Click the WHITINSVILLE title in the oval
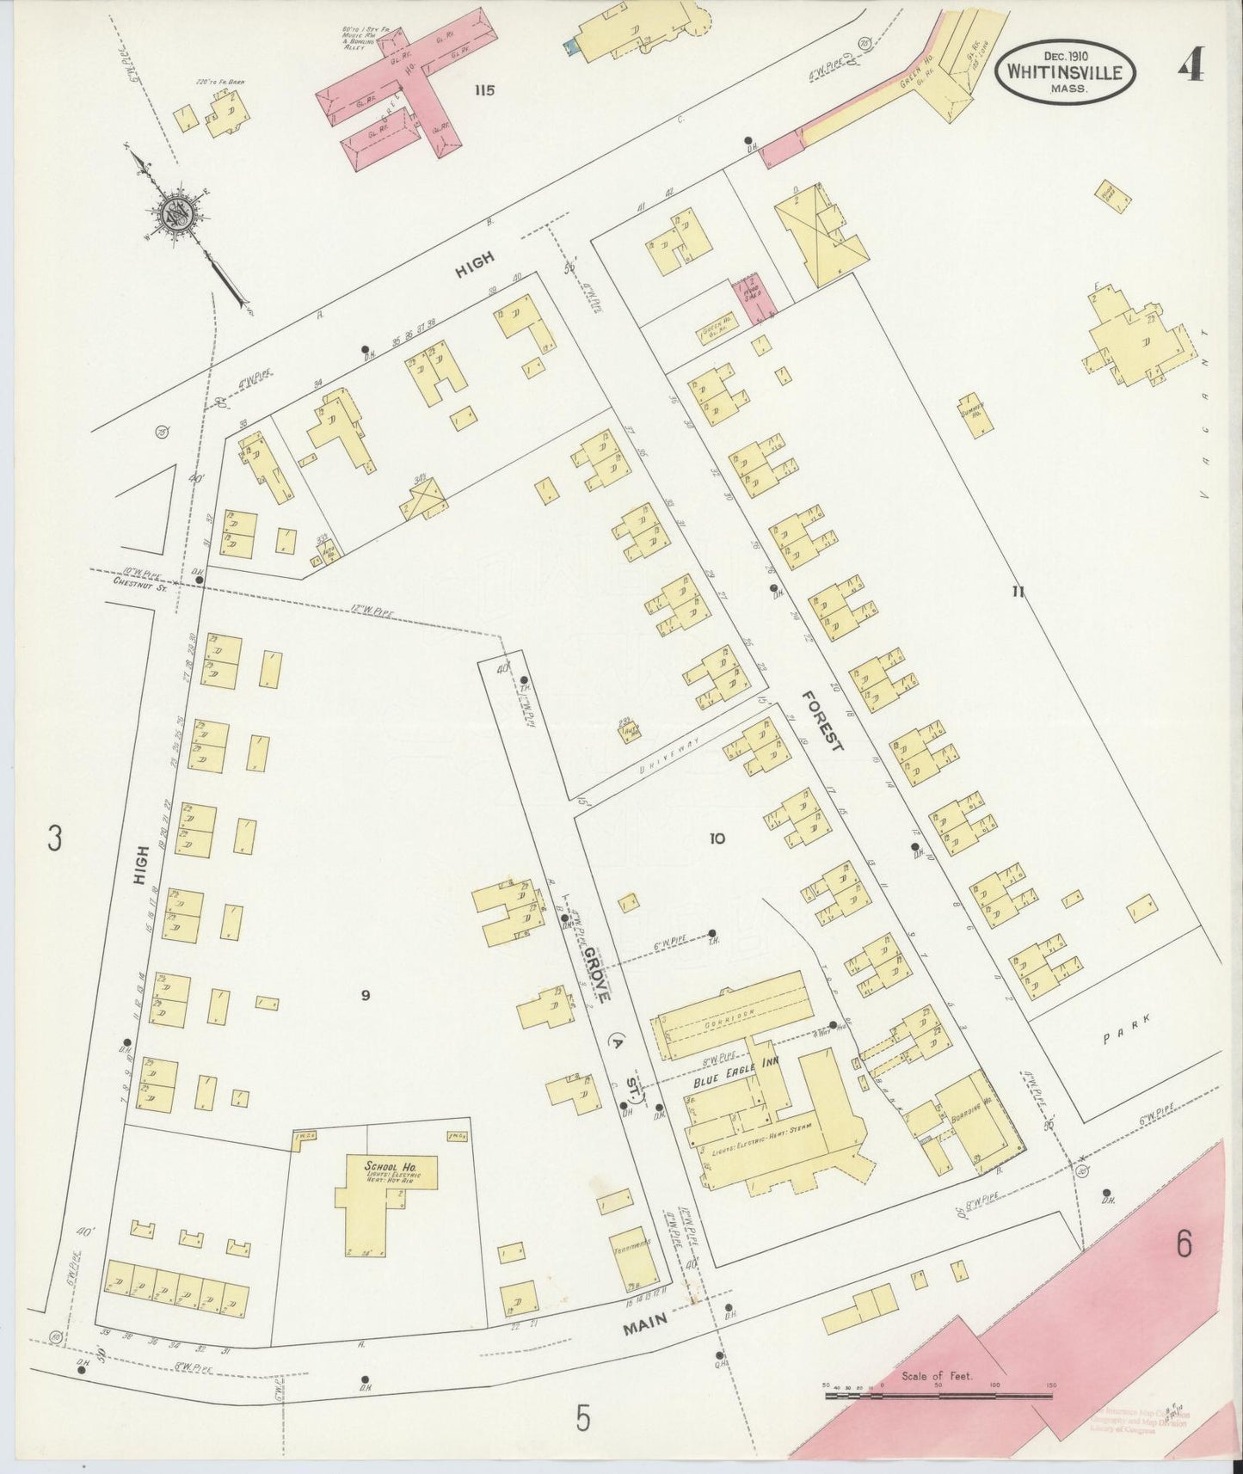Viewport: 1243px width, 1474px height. click(x=1065, y=72)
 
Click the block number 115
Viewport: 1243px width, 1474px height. click(x=484, y=90)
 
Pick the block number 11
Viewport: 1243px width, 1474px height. click(x=1018, y=591)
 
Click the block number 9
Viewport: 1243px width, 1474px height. click(x=365, y=995)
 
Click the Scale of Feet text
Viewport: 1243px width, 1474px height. click(x=937, y=1376)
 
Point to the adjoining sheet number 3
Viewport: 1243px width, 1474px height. click(x=55, y=838)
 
